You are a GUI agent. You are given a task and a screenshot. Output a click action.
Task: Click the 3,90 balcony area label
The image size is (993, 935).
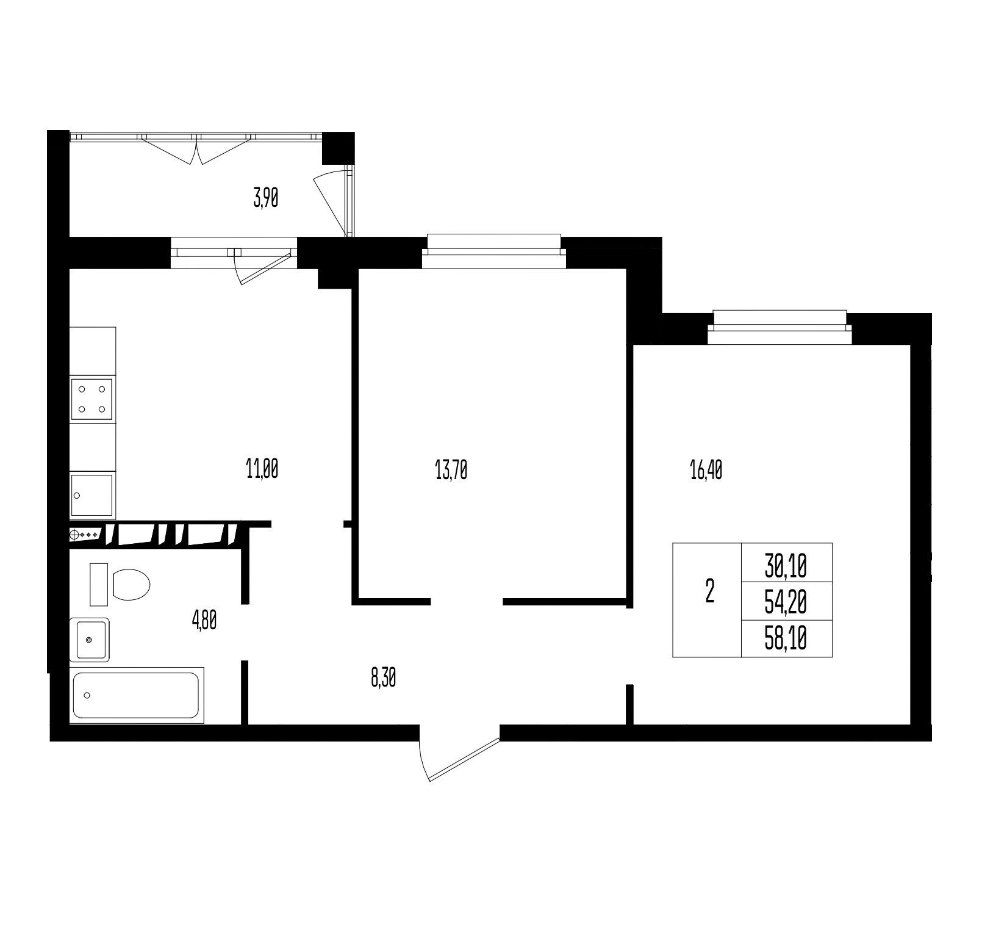coord(266,199)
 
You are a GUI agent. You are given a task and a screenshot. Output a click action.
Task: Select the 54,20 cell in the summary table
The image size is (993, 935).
coord(786,603)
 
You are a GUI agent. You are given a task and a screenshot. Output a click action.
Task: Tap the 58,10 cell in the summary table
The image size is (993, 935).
coord(786,639)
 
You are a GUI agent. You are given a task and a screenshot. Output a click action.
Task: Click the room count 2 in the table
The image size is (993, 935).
coord(709,591)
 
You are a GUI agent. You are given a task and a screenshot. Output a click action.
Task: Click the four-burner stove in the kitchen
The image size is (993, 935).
coord(92,399)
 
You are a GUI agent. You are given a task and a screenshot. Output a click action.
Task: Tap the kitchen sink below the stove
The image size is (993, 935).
coord(92,496)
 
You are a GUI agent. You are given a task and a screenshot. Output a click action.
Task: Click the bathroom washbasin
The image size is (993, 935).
coord(90,640)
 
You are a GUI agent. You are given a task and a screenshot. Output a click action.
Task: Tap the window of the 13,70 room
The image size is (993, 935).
coord(494,251)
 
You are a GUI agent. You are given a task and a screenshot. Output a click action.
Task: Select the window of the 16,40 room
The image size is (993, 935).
coord(780,328)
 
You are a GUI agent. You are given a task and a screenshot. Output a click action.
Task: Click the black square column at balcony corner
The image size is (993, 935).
coord(338,148)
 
